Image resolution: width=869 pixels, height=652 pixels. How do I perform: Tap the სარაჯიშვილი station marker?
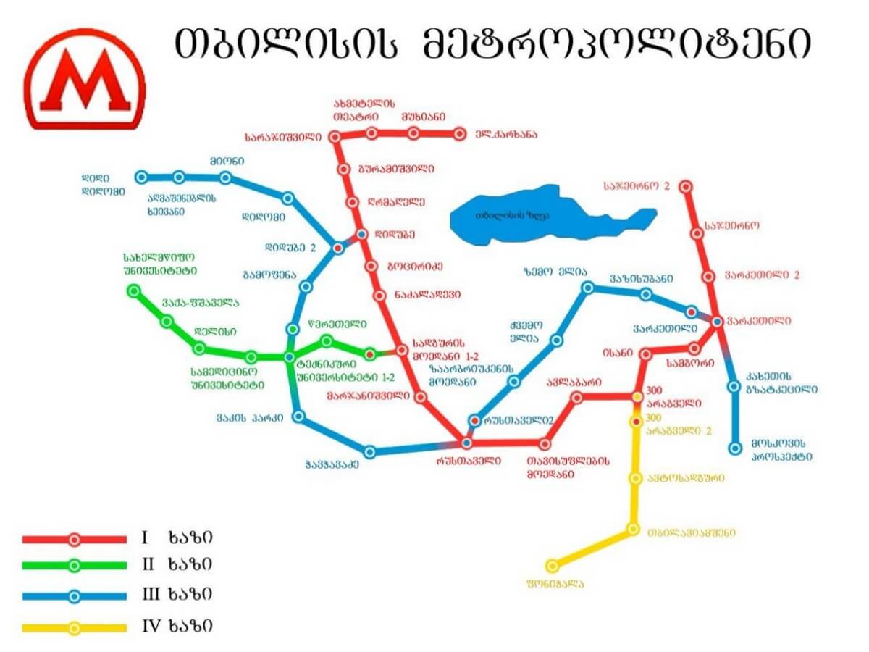click(x=335, y=136)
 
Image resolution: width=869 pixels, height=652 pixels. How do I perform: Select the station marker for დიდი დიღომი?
click(x=142, y=177)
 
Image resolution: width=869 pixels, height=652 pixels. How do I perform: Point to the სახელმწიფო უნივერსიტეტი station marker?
click(x=133, y=291)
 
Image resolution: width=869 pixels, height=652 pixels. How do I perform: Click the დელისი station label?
click(x=215, y=331)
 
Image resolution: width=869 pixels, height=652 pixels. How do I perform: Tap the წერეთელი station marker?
click(x=327, y=340)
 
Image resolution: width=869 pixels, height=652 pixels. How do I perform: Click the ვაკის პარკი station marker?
click(x=298, y=417)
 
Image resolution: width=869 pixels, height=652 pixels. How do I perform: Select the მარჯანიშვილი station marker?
click(x=420, y=396)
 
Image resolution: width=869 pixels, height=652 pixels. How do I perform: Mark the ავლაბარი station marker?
click(x=576, y=397)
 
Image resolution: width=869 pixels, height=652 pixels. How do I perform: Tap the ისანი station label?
click(x=618, y=353)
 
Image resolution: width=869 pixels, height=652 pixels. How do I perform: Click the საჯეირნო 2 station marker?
click(x=686, y=186)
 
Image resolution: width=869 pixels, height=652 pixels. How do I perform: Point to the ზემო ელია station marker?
click(x=588, y=288)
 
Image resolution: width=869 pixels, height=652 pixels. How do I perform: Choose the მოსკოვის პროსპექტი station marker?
click(x=735, y=448)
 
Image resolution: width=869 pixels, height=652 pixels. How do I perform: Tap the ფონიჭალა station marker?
click(x=552, y=565)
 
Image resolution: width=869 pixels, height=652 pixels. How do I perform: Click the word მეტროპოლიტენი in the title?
click(x=616, y=45)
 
